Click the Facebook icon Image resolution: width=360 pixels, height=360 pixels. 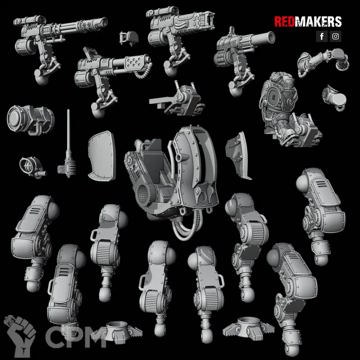coord(321,36)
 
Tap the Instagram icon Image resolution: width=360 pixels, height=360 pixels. coord(336,36)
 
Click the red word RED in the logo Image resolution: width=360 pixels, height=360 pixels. coord(284,22)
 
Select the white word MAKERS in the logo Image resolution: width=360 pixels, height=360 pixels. coord(318,22)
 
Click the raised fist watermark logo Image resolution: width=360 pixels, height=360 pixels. coord(20,336)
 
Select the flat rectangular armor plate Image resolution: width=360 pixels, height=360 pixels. coord(102,156)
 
